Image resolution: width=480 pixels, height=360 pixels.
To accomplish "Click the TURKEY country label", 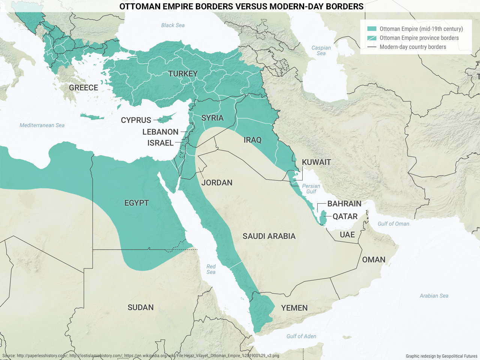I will click(x=183, y=73).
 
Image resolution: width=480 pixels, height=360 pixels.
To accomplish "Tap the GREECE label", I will click(x=83, y=88).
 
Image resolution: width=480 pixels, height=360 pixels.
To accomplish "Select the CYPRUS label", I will click(x=136, y=120).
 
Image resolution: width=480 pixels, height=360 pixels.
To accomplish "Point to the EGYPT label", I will click(x=136, y=203).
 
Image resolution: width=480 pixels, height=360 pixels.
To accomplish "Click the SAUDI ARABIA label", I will click(x=269, y=236).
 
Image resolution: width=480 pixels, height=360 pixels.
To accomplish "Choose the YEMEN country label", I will click(x=294, y=308).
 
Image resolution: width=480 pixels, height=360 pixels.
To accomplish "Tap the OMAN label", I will click(x=373, y=260).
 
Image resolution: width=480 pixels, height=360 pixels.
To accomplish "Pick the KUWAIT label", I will click(x=316, y=162).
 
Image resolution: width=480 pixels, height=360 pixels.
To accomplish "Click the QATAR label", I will click(x=345, y=216).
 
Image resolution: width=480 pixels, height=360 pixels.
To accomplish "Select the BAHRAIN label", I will click(x=344, y=204).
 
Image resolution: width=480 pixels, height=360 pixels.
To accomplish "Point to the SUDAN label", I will click(x=141, y=307).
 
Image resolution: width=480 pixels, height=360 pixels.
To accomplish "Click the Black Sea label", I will click(x=173, y=25).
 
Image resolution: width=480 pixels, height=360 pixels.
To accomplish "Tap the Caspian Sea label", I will click(x=321, y=51).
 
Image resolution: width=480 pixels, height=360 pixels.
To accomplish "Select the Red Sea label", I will click(x=211, y=269).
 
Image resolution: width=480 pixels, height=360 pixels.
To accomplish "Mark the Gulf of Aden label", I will click(x=301, y=336).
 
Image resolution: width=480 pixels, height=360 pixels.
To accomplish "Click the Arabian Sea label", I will click(x=434, y=296).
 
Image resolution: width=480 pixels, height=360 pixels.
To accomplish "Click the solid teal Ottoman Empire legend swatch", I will click(x=372, y=29).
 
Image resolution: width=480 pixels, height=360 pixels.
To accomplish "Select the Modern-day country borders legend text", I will click(x=413, y=47).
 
